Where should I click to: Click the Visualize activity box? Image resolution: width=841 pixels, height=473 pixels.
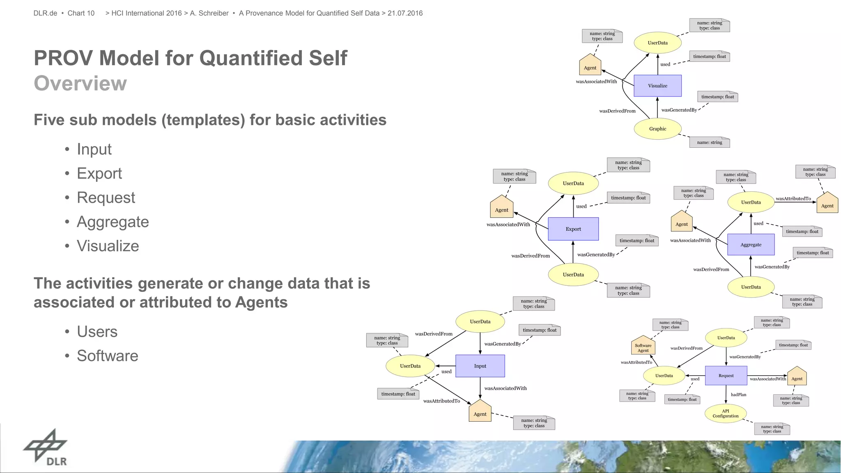point(657,86)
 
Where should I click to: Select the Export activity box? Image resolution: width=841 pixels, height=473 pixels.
point(573,229)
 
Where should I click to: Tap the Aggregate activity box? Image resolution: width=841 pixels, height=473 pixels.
point(751,245)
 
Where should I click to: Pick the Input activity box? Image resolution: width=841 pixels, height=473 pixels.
point(480,366)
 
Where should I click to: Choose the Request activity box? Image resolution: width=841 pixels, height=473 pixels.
point(726,376)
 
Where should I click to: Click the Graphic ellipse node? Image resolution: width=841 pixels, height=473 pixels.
point(657,129)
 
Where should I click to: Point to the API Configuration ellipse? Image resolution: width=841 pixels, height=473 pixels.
point(725,413)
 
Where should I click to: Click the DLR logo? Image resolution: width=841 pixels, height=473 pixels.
point(46,448)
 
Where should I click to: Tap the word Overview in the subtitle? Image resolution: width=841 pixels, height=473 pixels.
point(80,83)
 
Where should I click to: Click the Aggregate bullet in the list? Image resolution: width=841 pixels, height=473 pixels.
point(113,222)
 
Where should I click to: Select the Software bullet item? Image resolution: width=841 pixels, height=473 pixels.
point(107,356)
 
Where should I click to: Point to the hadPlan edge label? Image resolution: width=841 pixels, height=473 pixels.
point(738,395)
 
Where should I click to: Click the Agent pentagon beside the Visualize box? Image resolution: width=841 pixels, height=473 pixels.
point(590,66)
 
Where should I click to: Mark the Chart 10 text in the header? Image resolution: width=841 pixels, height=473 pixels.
point(81,13)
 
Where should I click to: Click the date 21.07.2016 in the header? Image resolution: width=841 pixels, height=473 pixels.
point(405,13)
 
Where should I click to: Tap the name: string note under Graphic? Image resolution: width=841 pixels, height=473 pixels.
point(709,142)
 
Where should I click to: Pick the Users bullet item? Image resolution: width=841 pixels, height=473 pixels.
point(97,331)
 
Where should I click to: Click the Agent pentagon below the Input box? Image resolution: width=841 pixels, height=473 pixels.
point(480,412)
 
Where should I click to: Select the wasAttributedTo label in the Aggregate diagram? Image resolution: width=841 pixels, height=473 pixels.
point(793,199)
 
